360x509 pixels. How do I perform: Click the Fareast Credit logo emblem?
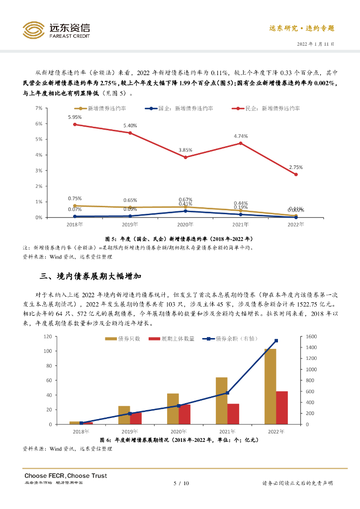(x=34, y=30)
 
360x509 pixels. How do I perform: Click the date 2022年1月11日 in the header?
(x=315, y=44)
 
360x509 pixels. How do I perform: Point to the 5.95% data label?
(x=75, y=117)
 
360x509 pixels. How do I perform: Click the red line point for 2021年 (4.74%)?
(x=241, y=143)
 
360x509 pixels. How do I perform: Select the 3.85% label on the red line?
(x=185, y=150)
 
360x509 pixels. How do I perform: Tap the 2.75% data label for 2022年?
(x=296, y=167)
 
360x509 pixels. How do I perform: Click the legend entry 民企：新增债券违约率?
(x=273, y=108)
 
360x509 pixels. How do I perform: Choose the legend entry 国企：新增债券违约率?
(x=182, y=108)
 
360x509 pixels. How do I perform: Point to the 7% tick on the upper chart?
(x=38, y=108)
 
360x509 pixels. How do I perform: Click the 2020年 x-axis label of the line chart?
(x=185, y=225)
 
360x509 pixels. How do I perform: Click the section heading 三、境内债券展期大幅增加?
(x=92, y=276)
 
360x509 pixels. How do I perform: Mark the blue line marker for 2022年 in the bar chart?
(x=276, y=340)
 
